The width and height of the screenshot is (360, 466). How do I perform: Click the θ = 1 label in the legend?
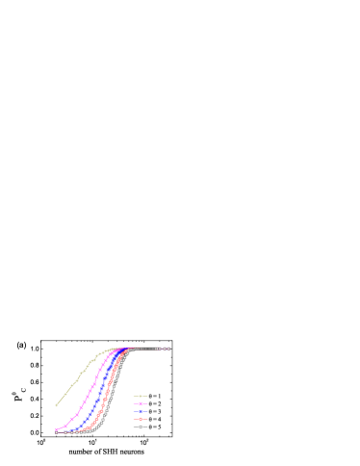coord(155,396)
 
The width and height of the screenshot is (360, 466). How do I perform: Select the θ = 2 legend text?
coord(155,403)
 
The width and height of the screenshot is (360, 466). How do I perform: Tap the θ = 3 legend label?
coord(155,411)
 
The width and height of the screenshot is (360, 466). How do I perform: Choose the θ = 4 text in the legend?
coord(155,419)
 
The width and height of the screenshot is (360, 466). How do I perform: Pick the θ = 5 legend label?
coord(155,427)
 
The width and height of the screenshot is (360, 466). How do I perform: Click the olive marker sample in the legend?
coord(141,396)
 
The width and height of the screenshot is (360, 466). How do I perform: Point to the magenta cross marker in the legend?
coord(141,403)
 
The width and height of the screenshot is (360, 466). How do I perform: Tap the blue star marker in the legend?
coord(141,411)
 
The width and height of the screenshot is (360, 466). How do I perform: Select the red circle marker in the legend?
coord(141,419)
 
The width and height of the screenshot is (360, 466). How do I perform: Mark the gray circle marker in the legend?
coord(141,427)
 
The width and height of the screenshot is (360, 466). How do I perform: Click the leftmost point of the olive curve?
coord(56,405)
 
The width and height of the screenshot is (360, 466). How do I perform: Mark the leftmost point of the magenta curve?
coord(56,429)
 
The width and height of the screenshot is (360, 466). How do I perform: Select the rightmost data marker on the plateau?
coord(168,349)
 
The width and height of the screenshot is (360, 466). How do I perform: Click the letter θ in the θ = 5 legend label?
coord(151,427)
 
